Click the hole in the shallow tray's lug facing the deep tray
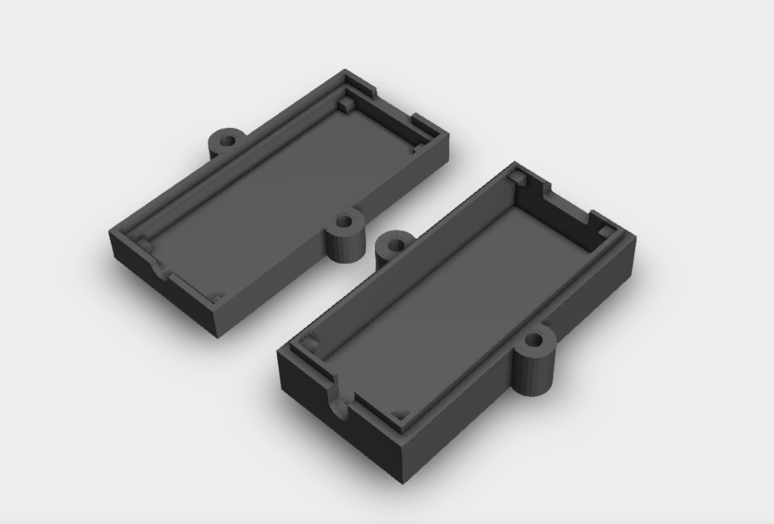coord(345,221)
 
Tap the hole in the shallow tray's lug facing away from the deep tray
coord(227,140)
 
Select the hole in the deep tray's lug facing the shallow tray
coord(396,243)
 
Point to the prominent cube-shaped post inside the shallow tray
coord(346,104)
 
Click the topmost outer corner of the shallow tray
coord(346,70)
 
